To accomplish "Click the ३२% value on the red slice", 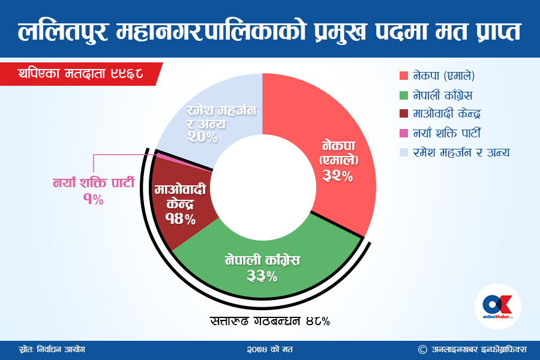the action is click(x=337, y=176).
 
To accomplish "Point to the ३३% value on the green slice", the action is click(x=262, y=276).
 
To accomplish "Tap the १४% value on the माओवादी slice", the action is click(x=180, y=219).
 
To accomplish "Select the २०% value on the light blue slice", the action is click(x=202, y=137).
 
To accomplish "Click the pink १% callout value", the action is click(x=94, y=199).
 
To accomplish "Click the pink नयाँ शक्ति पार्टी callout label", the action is click(x=94, y=182).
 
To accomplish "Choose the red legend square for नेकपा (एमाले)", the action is click(x=404, y=76).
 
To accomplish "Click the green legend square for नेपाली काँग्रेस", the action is click(x=404, y=95).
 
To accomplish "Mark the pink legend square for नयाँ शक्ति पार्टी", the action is click(x=404, y=133).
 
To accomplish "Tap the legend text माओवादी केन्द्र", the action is click(x=446, y=113).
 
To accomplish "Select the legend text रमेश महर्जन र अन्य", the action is click(x=461, y=152).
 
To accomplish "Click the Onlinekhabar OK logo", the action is click(x=497, y=306).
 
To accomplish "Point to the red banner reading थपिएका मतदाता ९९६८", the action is click(x=81, y=74).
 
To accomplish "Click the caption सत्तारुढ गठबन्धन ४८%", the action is click(x=270, y=321).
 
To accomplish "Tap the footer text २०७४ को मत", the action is click(x=269, y=350).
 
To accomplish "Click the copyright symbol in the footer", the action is click(x=422, y=350).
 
